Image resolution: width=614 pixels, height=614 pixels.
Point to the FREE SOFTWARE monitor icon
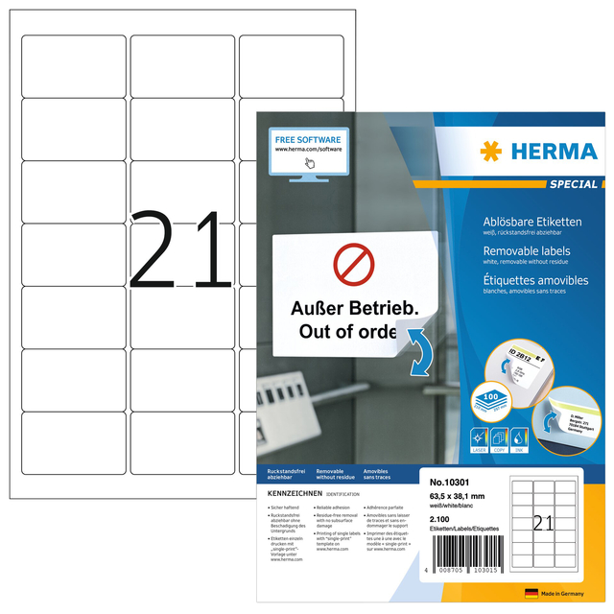coord(309,152)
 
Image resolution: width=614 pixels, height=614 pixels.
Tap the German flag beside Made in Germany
coord(531,594)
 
